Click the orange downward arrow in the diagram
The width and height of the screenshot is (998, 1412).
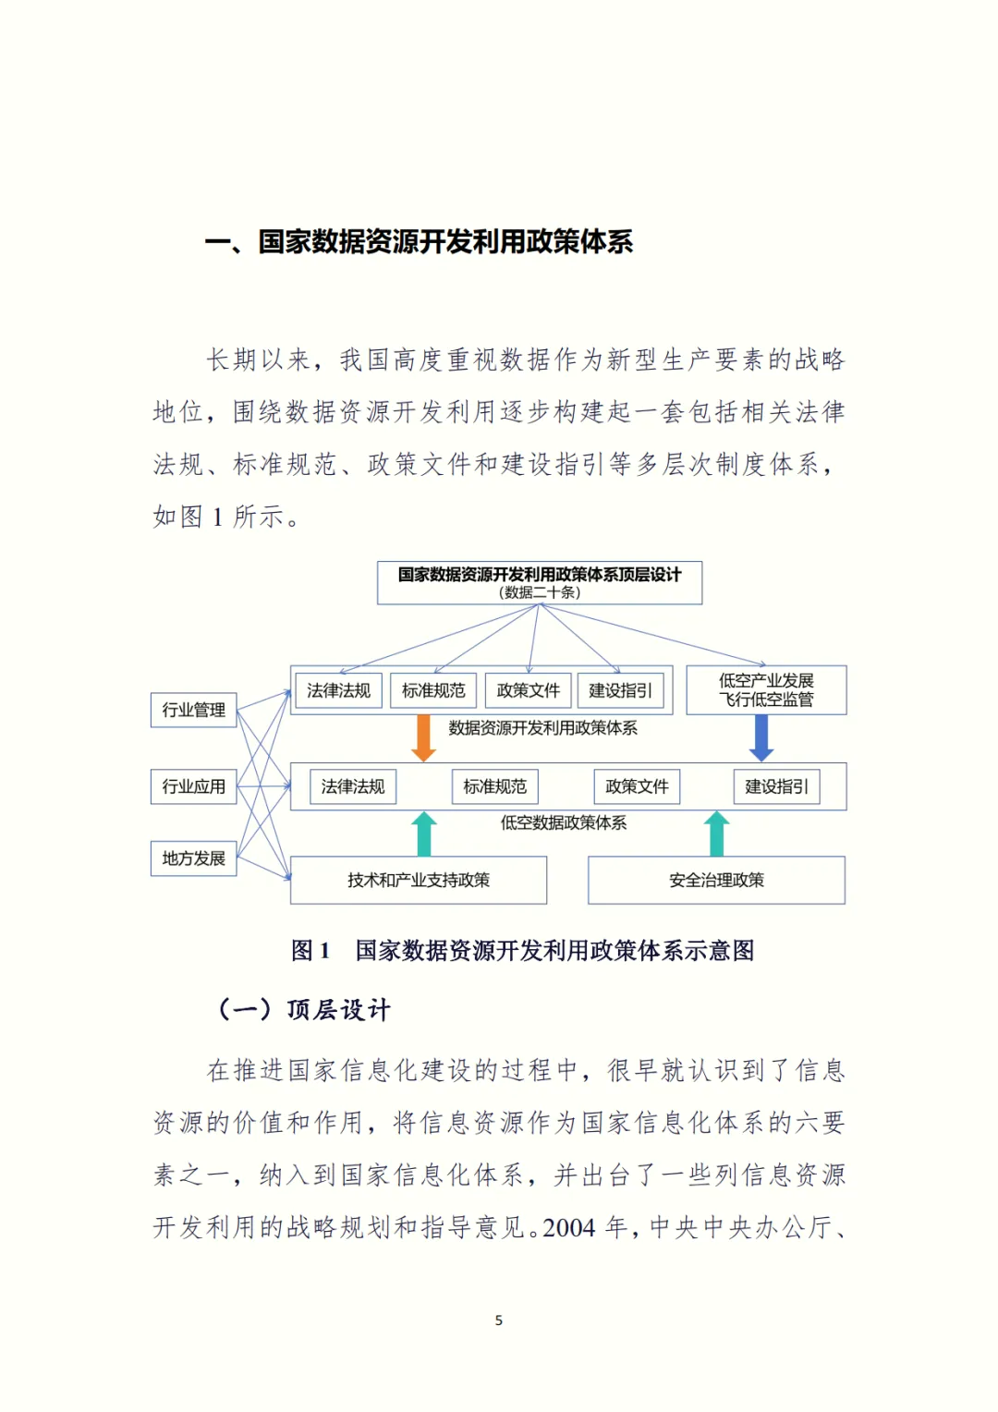[x=423, y=737]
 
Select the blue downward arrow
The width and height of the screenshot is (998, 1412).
[x=761, y=737]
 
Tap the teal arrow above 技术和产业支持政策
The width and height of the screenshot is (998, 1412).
[x=423, y=834]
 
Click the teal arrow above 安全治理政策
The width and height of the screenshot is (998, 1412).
[x=716, y=834]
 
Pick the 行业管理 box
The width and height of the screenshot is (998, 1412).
[x=194, y=710]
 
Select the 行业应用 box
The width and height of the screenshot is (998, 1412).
[x=194, y=786]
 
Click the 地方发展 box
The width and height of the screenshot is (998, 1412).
[x=194, y=858]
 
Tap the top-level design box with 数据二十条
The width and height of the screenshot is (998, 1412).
[x=540, y=583]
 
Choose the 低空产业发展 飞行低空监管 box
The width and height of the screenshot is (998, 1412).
[x=766, y=690]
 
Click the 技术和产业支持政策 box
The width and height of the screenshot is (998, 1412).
[x=419, y=880]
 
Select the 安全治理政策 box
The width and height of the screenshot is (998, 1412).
[x=716, y=880]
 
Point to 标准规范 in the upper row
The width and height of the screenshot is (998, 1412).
[x=433, y=690]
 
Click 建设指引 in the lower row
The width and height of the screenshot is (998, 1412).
[x=776, y=786]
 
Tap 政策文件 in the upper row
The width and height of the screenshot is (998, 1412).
[x=529, y=690]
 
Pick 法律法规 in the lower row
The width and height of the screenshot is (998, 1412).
[x=353, y=786]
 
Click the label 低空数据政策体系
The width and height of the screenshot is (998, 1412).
[x=564, y=822]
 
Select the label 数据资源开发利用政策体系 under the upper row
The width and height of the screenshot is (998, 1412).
[x=543, y=728]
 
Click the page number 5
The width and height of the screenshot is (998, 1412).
[x=499, y=1321]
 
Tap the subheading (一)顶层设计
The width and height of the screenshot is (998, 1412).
[x=304, y=1009]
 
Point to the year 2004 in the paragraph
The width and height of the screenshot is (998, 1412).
[x=569, y=1228]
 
